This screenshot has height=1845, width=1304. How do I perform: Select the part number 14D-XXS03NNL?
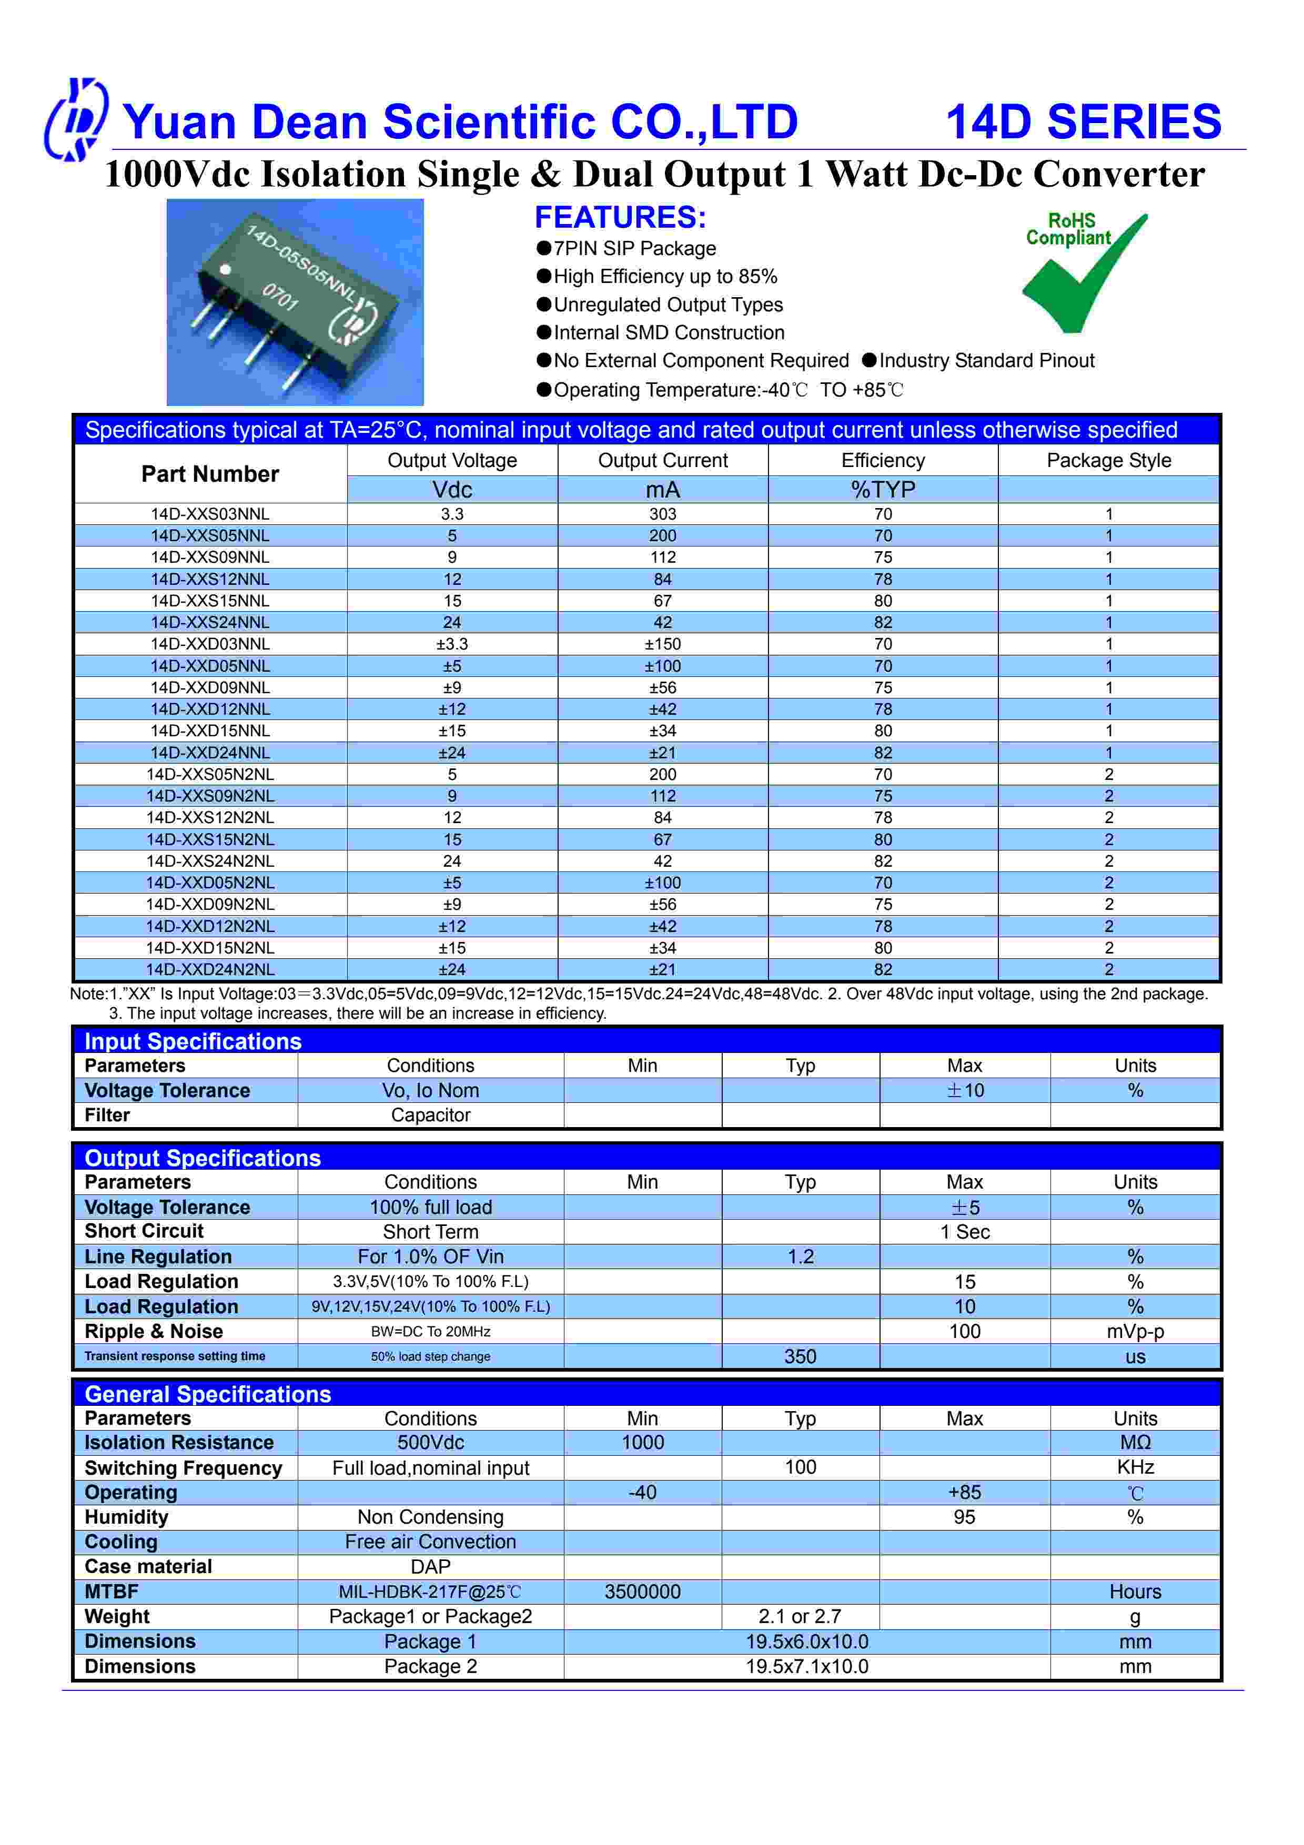click(x=210, y=514)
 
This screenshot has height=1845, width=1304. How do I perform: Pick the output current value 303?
click(x=662, y=514)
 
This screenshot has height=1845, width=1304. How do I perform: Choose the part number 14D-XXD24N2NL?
click(x=210, y=970)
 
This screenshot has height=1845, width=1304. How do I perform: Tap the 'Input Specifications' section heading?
click(x=193, y=1041)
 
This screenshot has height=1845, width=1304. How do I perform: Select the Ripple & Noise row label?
click(x=154, y=1332)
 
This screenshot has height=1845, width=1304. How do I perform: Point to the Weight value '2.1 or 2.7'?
click(x=800, y=1617)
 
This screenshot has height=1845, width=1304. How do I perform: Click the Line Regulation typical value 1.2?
click(x=800, y=1257)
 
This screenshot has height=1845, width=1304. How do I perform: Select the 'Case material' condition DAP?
click(x=431, y=1567)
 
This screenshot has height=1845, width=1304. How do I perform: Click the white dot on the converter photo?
click(x=226, y=269)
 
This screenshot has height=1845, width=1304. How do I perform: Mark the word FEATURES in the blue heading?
click(x=620, y=218)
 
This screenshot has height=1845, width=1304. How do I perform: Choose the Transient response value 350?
click(x=800, y=1356)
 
